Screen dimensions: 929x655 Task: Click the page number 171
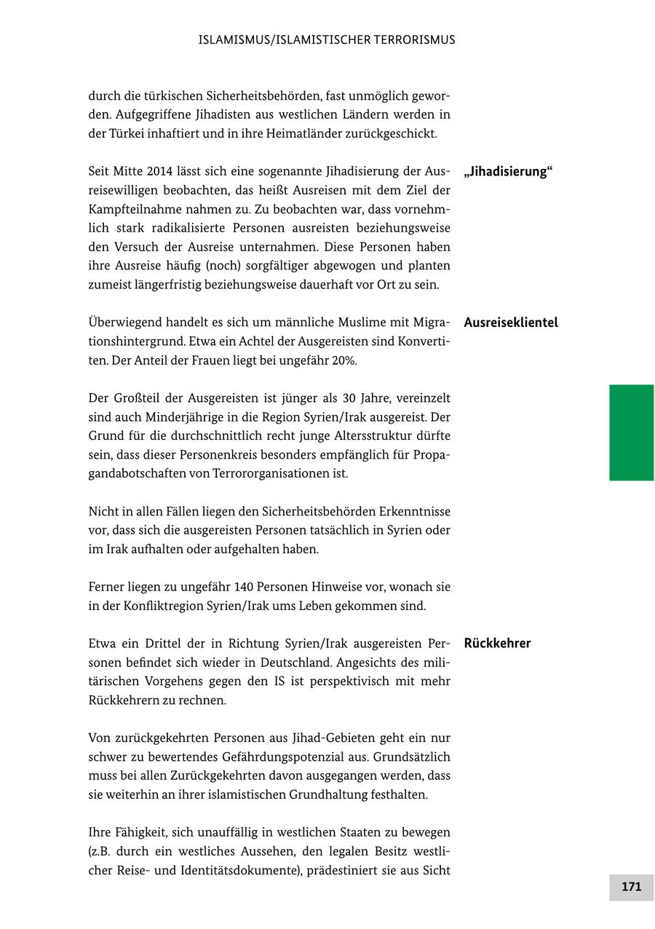631,887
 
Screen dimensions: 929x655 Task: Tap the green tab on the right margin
631,432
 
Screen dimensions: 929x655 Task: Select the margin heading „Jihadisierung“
508,172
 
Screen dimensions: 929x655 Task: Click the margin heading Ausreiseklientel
510,323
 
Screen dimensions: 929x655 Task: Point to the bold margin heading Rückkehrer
497,643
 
